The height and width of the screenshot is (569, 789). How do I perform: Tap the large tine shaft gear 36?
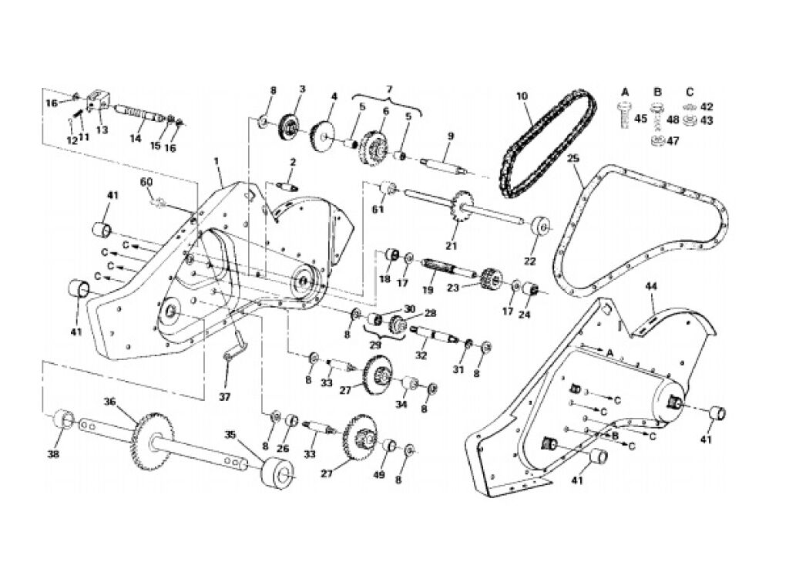[x=154, y=439]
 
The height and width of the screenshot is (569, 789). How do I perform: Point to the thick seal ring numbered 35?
[x=277, y=474]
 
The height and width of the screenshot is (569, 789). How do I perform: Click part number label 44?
[x=651, y=287]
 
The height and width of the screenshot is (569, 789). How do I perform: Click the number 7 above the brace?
[x=389, y=89]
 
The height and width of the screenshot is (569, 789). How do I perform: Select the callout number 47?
[x=673, y=141]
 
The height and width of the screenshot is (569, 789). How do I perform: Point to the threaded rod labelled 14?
[x=139, y=114]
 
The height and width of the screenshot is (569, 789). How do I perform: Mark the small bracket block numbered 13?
[x=99, y=101]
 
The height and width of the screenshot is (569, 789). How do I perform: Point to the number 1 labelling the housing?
[x=217, y=161]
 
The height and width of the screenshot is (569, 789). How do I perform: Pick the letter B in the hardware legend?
[x=657, y=93]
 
